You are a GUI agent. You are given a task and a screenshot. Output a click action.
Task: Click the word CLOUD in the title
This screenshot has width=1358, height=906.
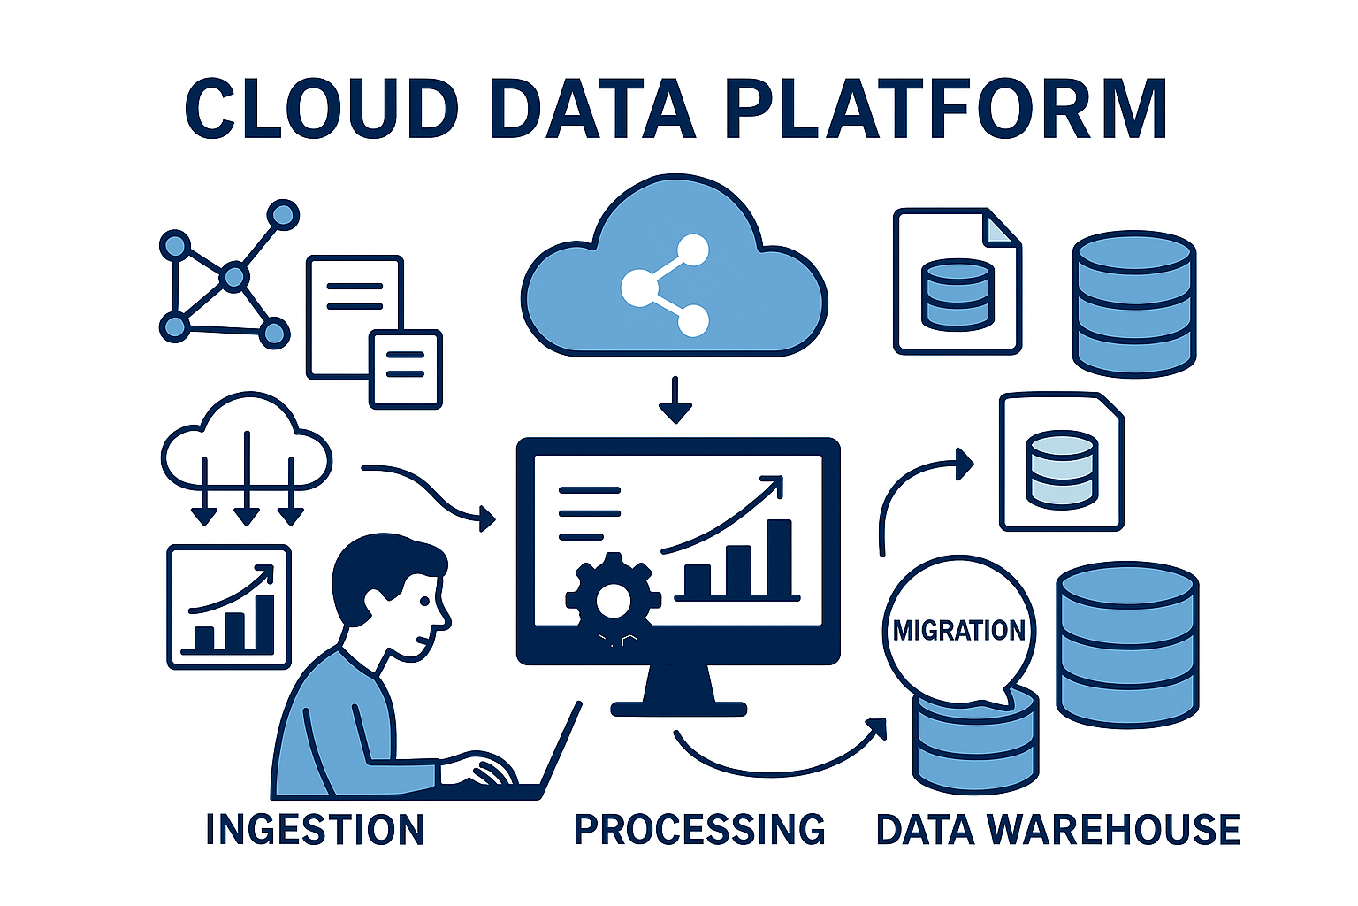[x=322, y=109]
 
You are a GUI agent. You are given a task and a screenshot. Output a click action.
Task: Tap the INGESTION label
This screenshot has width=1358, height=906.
[x=315, y=829]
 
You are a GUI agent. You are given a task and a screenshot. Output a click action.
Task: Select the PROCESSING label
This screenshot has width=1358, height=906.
[x=698, y=829]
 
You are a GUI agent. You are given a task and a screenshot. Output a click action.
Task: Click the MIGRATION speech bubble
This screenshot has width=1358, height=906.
[x=959, y=631]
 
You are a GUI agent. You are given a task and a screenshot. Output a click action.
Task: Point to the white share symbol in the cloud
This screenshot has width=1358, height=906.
[x=666, y=285]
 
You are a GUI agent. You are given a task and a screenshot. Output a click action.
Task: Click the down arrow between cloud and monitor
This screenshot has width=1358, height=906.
[x=675, y=400]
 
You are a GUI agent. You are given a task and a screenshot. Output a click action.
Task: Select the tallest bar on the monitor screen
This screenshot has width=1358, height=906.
[x=779, y=557]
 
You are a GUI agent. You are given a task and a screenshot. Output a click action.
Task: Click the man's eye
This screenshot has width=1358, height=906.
[x=425, y=601]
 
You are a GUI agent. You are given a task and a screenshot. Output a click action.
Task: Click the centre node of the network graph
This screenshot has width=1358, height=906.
[x=233, y=278]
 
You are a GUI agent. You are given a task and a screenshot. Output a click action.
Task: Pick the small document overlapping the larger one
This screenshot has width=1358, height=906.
[x=405, y=368]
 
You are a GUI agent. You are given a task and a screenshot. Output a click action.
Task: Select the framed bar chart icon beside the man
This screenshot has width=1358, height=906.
[x=229, y=607]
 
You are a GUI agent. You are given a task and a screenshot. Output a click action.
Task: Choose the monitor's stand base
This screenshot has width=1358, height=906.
[x=679, y=708]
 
